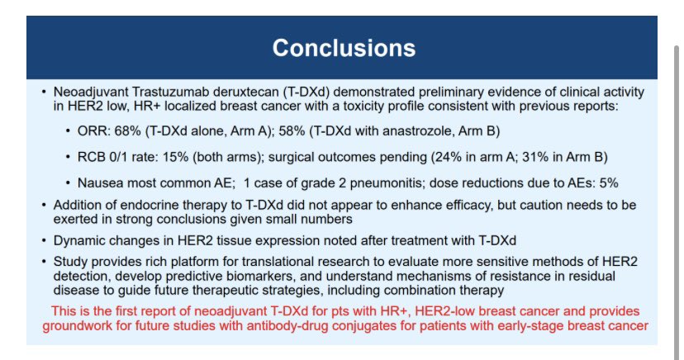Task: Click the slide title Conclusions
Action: tap(344, 47)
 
